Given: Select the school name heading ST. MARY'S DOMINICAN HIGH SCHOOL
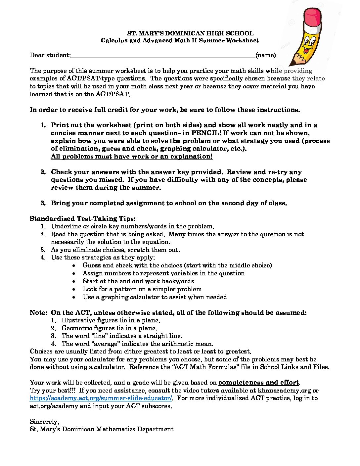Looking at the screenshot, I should (x=190, y=33).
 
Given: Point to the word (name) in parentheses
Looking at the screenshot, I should (x=265, y=55).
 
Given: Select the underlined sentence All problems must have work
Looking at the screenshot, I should (x=131, y=157).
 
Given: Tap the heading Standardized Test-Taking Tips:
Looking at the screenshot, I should (x=83, y=219).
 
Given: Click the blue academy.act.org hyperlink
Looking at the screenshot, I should (x=101, y=398).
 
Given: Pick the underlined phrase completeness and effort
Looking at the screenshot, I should (x=258, y=383).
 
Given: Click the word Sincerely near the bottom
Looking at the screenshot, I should (x=44, y=422).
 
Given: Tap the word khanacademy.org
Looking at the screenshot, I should (x=284, y=391).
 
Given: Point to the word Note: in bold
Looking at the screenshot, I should (x=39, y=313).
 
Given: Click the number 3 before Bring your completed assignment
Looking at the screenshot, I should (x=43, y=203).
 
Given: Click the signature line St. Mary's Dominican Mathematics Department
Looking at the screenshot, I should (x=102, y=429).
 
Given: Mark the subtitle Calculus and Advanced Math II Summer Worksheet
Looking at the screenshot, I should (x=180, y=41).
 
